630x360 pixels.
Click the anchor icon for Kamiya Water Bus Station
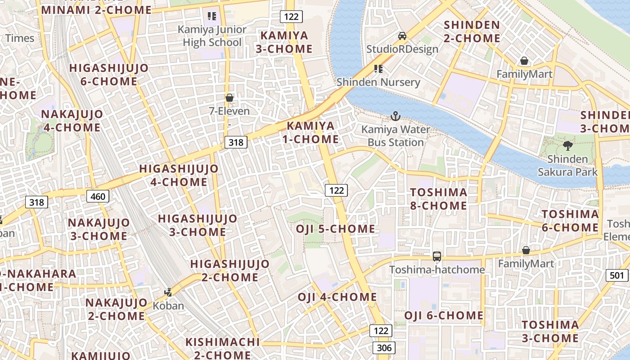tap(395, 117)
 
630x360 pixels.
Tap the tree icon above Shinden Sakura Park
tap(568, 145)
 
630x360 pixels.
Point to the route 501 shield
tap(617, 275)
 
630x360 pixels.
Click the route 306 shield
tap(384, 347)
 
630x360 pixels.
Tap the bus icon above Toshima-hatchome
tap(436, 256)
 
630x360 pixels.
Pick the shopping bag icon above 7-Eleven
tap(229, 98)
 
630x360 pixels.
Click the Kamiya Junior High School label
tap(212, 36)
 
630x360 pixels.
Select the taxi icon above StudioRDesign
tap(402, 36)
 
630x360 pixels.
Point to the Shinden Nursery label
tap(378, 82)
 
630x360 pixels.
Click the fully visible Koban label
tap(169, 306)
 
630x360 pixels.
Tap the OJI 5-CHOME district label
tap(335, 229)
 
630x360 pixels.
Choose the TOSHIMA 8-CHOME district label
tap(438, 199)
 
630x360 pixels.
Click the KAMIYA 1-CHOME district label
tap(311, 132)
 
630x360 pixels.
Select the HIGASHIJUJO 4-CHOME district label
tap(179, 175)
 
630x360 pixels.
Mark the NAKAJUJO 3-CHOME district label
tap(99, 229)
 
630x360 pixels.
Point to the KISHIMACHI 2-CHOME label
tap(222, 348)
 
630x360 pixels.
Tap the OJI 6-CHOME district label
tap(444, 315)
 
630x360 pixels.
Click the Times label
tap(20, 38)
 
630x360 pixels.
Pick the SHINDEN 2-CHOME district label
tap(472, 31)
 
